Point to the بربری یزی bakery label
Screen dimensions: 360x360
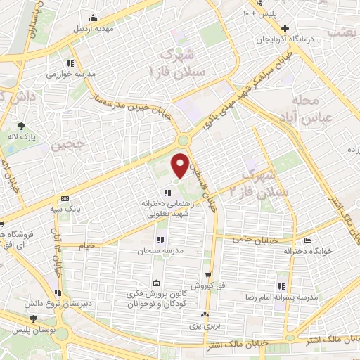pyautogui.click(x=205, y=327)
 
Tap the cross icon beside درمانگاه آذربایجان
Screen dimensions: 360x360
pyautogui.click(x=284, y=29)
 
